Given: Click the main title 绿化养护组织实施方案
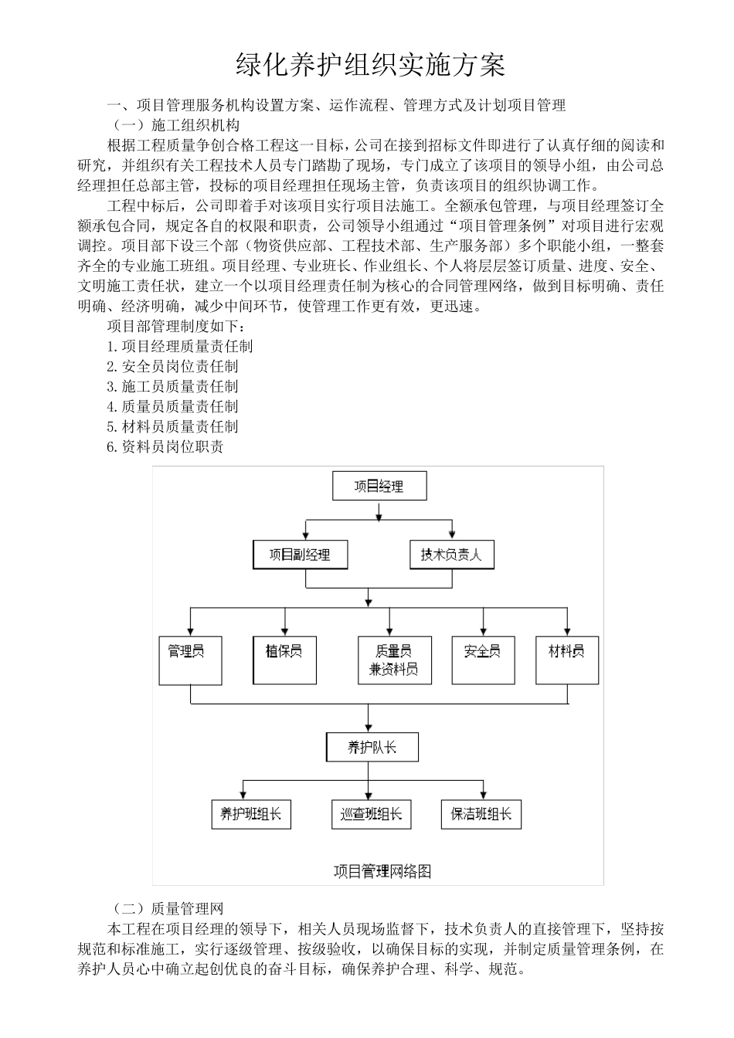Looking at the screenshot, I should (370, 66).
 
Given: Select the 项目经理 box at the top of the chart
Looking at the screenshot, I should (379, 487).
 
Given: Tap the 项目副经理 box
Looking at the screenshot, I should (300, 555).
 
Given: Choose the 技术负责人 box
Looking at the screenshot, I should (450, 555).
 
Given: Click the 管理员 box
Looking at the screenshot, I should (190, 660).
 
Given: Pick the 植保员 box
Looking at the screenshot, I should (285, 660).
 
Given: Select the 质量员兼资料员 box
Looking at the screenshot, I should (394, 660).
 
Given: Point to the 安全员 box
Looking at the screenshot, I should (483, 660).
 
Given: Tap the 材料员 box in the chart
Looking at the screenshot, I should (566, 660).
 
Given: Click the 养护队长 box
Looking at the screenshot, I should (372, 747).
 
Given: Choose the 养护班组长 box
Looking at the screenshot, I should (251, 814).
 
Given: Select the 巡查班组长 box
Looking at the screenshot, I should (371, 814).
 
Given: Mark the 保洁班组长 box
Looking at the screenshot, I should (481, 814).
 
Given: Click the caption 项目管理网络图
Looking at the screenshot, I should (382, 871).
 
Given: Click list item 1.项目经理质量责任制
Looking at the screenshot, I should (180, 347).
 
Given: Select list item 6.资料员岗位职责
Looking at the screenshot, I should (165, 446).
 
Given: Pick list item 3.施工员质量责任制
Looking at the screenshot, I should (172, 387).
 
